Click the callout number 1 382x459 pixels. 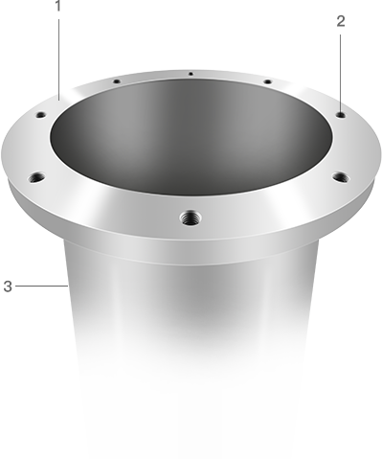[x=57, y=6]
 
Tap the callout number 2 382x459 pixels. [x=341, y=21]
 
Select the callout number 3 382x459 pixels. [x=8, y=287]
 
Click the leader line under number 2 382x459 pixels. [x=340, y=73]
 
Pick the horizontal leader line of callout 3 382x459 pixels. [x=41, y=286]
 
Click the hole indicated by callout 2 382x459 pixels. [x=341, y=114]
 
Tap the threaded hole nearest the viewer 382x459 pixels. [x=191, y=218]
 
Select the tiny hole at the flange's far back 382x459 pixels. [x=191, y=74]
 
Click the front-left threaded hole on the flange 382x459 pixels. [x=36, y=177]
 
